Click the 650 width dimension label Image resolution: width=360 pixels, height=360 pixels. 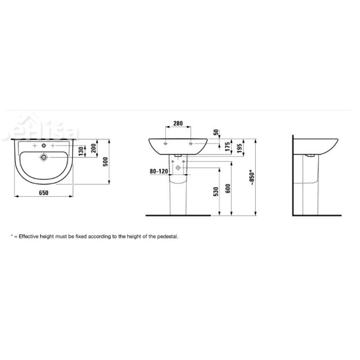(43, 192)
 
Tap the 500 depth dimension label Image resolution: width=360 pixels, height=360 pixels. (106, 162)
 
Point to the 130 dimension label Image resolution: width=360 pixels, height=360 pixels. (81, 152)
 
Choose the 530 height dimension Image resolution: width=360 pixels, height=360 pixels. (216, 192)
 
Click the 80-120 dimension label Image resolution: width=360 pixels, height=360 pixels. (159, 171)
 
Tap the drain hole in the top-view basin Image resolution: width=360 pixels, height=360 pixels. (44, 157)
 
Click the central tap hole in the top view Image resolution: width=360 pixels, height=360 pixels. (44, 146)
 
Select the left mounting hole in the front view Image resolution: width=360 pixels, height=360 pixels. (166, 144)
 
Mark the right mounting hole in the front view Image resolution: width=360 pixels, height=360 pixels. (192, 144)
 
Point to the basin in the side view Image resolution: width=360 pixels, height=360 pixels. (315, 145)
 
